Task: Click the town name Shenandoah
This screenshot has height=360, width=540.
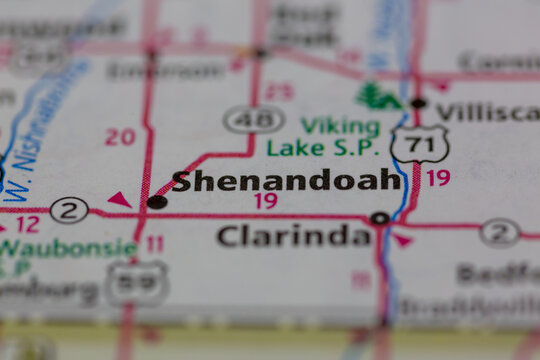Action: pyautogui.click(x=286, y=181)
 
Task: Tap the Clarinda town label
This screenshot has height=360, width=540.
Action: pyautogui.click(x=294, y=236)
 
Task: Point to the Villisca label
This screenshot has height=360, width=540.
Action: pyautogui.click(x=486, y=112)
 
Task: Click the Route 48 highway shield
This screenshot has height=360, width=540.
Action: pyautogui.click(x=254, y=120)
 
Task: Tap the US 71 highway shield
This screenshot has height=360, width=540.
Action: pyautogui.click(x=419, y=145)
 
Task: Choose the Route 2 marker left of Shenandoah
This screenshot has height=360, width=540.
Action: pyautogui.click(x=69, y=210)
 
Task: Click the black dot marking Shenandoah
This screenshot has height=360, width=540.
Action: pyautogui.click(x=157, y=202)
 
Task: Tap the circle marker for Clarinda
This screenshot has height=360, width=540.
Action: pyautogui.click(x=380, y=218)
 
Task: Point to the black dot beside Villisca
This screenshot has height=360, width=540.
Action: pyautogui.click(x=418, y=103)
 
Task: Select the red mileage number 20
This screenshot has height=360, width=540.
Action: pyautogui.click(x=120, y=137)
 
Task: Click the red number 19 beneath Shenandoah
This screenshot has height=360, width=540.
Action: pyautogui.click(x=265, y=201)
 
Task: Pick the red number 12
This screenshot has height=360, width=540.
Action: pyautogui.click(x=27, y=224)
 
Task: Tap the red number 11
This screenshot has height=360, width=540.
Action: pyautogui.click(x=154, y=244)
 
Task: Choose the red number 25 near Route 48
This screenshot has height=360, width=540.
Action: pyautogui.click(x=280, y=92)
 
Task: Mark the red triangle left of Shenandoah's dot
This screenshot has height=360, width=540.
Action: pyautogui.click(x=121, y=200)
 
